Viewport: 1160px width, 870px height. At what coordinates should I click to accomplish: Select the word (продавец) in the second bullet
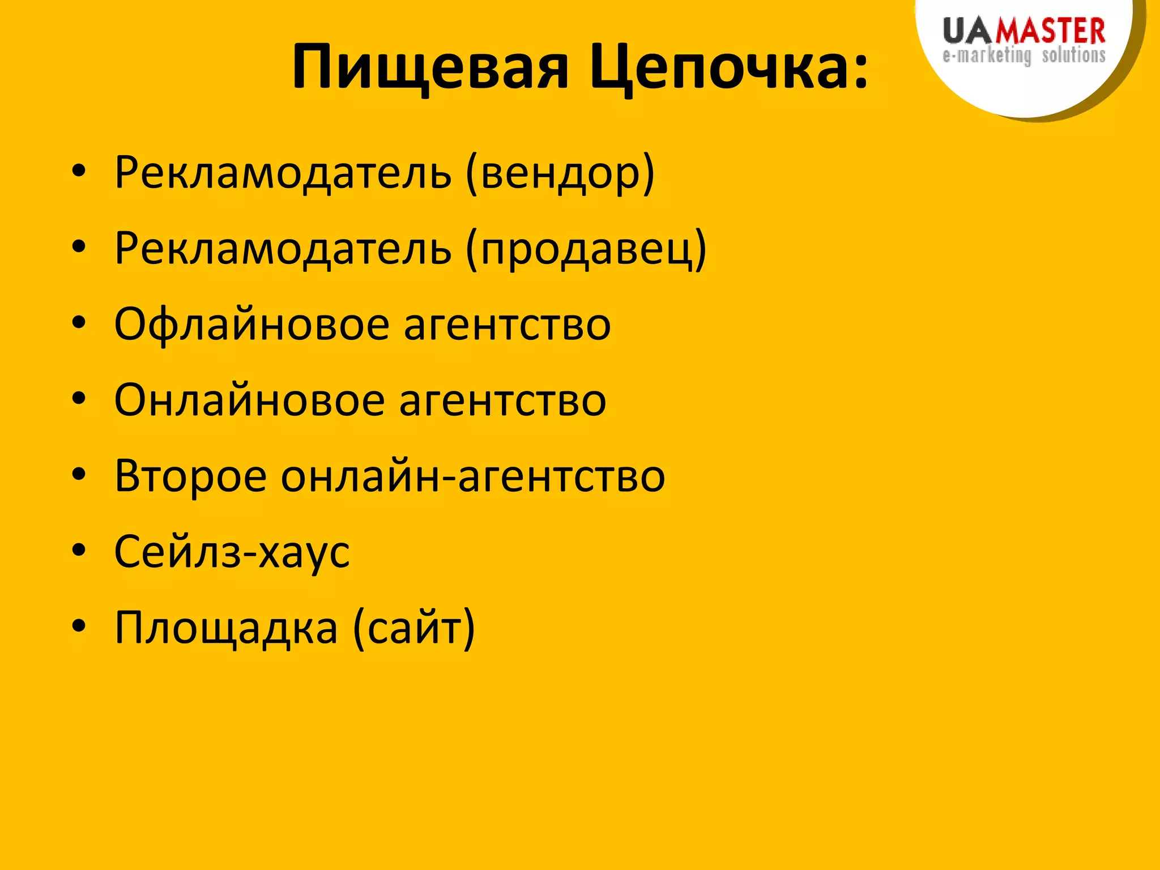pos(586,249)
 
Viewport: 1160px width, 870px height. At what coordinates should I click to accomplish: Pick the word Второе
pos(190,476)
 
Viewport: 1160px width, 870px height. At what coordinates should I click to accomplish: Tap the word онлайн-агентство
pos(473,476)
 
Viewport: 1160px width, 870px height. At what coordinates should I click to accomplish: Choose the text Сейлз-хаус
pos(232,552)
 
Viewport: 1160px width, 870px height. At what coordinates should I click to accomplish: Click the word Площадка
pos(226,628)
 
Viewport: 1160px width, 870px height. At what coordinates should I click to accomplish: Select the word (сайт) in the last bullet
pos(413,628)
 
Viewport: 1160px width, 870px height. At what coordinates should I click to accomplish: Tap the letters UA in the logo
pos(969,31)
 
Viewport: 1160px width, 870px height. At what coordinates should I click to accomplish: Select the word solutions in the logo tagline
pos(1073,56)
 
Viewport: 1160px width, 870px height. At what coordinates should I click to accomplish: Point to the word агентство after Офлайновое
pos(507,325)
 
